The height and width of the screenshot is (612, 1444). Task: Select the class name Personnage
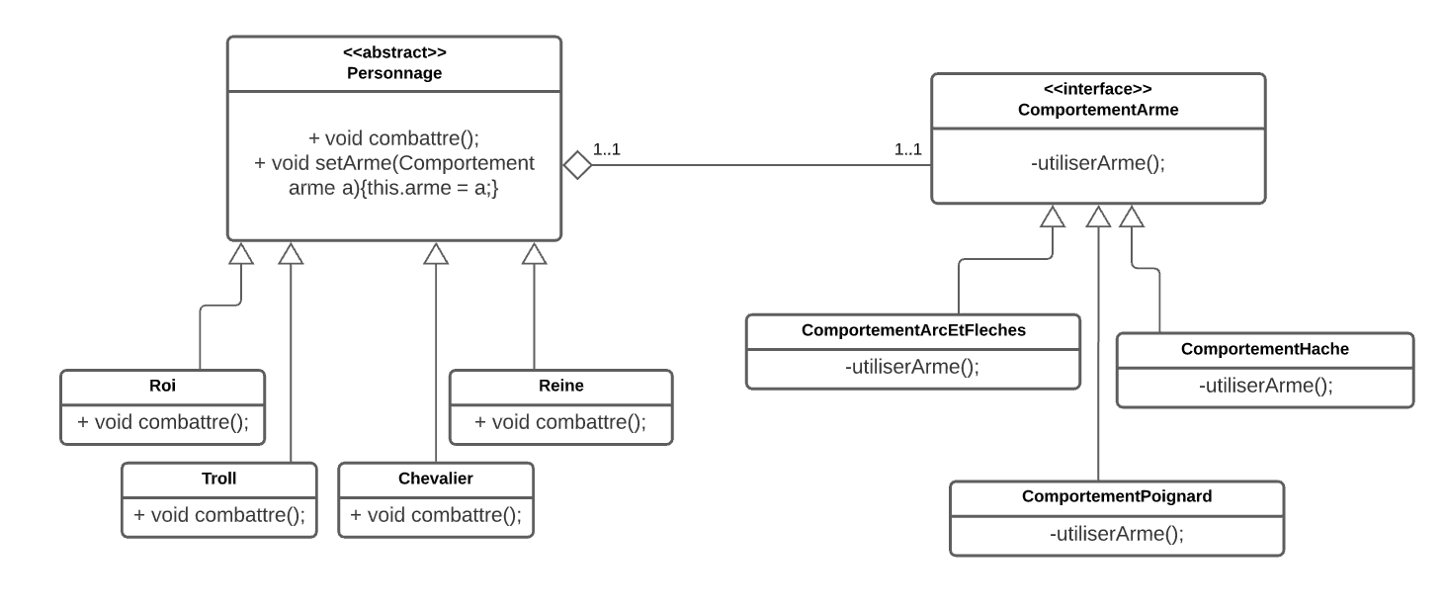(x=394, y=72)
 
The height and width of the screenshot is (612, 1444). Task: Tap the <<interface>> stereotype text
(x=1098, y=89)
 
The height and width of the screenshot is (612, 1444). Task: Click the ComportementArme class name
(x=1098, y=109)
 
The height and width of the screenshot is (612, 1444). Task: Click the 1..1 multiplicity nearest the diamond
(x=606, y=150)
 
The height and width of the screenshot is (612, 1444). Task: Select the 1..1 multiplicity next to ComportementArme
(x=907, y=150)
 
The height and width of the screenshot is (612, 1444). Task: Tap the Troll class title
(x=218, y=479)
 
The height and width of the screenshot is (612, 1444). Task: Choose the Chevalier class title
(x=435, y=479)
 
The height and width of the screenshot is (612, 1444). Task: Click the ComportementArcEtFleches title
(x=913, y=331)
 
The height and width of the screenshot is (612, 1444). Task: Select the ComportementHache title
(x=1264, y=350)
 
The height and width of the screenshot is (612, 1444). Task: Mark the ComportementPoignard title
(x=1116, y=497)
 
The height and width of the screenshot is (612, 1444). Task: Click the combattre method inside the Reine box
(x=559, y=422)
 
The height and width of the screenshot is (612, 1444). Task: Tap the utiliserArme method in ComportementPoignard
(x=1116, y=534)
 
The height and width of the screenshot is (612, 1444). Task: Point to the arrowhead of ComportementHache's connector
(x=1132, y=216)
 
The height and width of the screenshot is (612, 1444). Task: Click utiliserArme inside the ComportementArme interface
(x=1098, y=164)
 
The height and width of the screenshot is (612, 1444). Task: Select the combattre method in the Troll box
(x=218, y=515)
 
